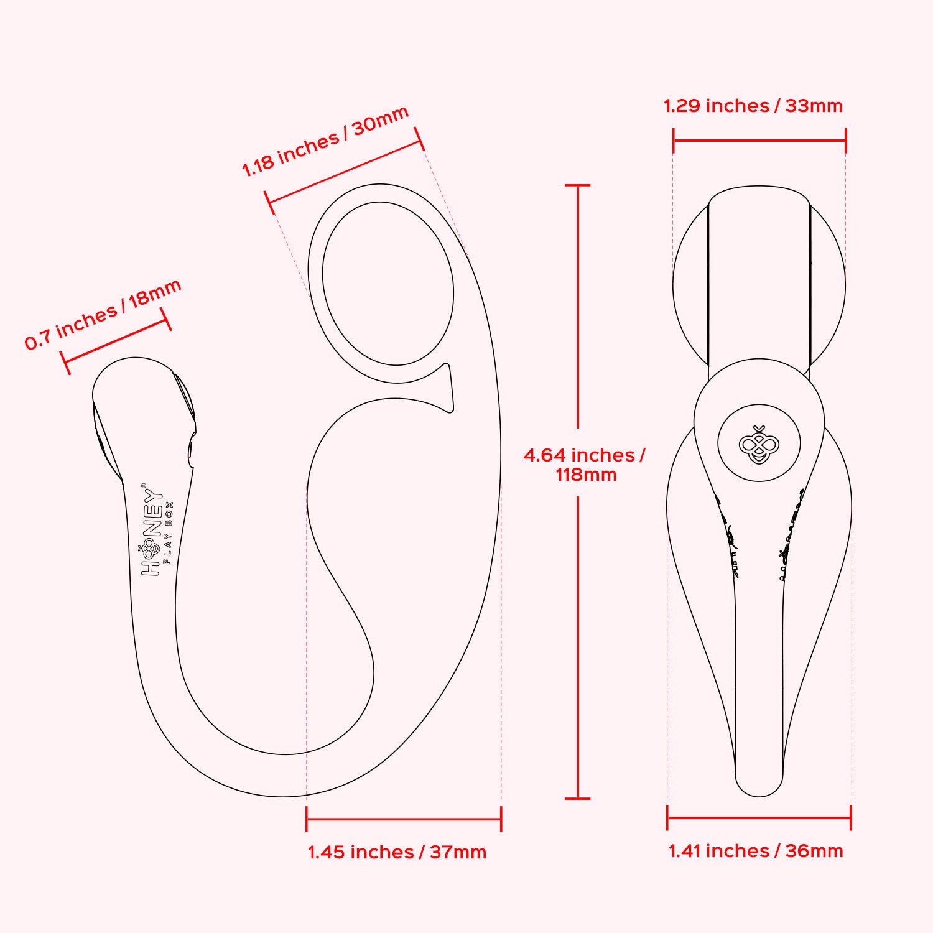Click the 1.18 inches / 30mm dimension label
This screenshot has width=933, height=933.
click(325, 141)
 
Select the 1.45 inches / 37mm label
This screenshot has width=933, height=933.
click(397, 852)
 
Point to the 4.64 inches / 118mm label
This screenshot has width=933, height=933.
click(585, 465)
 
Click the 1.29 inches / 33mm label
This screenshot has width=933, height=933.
click(753, 106)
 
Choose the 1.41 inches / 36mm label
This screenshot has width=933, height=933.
click(756, 850)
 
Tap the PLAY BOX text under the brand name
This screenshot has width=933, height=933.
click(168, 532)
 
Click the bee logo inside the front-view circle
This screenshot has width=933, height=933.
click(759, 444)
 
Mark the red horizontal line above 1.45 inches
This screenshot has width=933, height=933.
click(403, 819)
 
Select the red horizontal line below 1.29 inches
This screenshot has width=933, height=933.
click(759, 140)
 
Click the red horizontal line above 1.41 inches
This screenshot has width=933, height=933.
click(758, 817)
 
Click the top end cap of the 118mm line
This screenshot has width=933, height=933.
click(578, 185)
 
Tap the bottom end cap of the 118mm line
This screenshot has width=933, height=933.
click(578, 798)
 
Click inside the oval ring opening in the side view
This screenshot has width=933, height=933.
click(388, 283)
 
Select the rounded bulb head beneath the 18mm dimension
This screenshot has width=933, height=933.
click(140, 398)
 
